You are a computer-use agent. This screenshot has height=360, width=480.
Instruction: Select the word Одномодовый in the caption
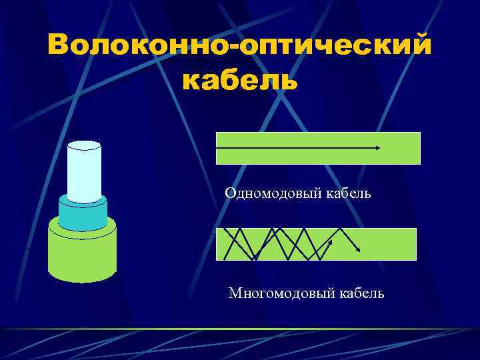coord(274,193)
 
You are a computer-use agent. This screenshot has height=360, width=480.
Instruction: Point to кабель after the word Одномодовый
coord(348,193)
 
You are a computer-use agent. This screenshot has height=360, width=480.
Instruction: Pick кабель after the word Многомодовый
coord(362,293)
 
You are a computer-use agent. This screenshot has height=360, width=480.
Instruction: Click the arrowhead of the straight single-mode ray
coord(378,147)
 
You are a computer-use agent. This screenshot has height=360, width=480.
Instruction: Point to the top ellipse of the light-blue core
coord(84,145)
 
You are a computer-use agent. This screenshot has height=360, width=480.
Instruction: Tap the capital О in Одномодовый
coord(230,193)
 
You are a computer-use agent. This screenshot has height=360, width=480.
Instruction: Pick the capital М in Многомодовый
coord(234,293)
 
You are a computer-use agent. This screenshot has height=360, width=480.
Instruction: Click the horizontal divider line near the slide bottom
coord(240,330)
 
